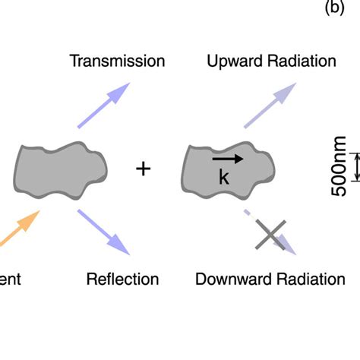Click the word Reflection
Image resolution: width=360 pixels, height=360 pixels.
point(123,279)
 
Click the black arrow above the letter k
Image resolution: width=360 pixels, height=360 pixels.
point(227,159)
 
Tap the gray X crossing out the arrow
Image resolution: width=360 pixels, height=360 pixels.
point(270,235)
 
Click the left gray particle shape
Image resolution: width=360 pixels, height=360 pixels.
point(61,167)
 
